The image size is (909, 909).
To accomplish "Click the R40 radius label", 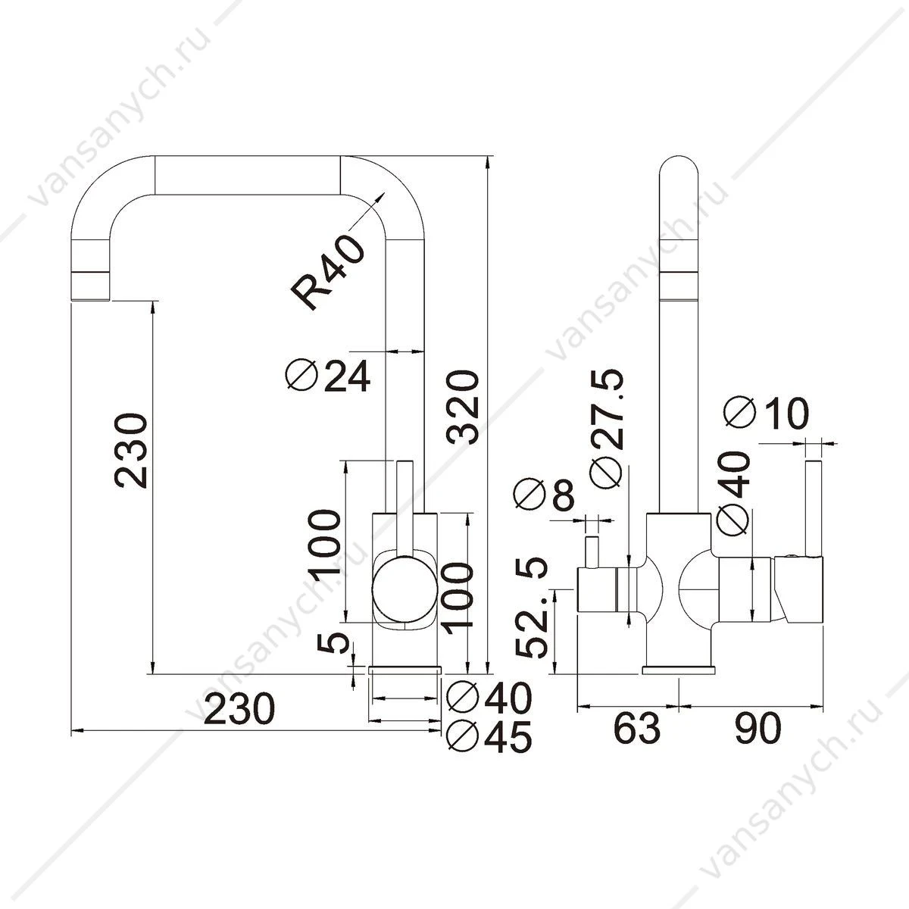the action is (327, 272).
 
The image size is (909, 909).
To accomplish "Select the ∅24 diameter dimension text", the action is (328, 376).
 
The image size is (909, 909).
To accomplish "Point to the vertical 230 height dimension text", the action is (131, 450).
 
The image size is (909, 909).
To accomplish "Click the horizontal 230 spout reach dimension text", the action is (239, 722).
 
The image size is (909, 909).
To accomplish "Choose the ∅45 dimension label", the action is (489, 750).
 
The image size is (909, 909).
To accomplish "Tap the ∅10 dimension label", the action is (767, 414).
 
